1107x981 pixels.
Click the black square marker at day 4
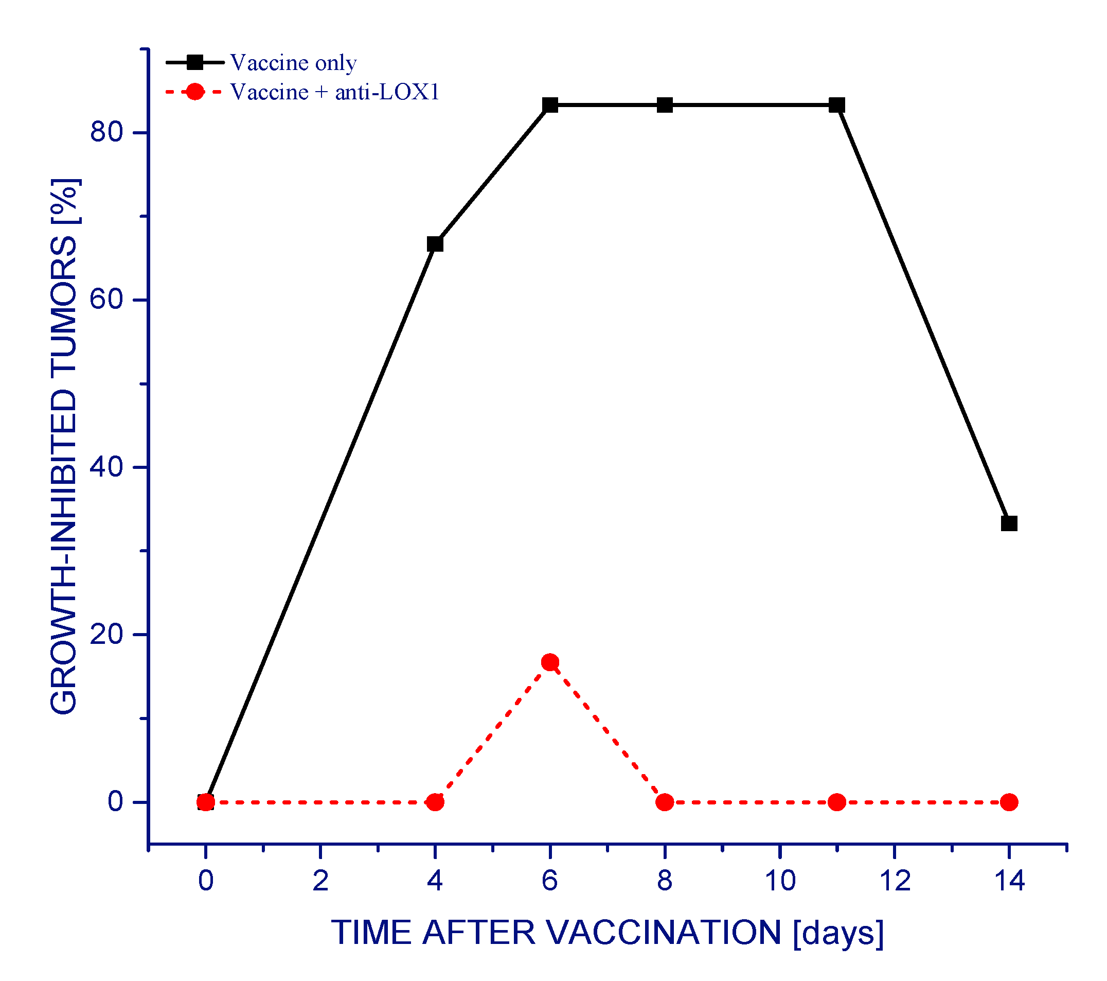pyautogui.click(x=435, y=244)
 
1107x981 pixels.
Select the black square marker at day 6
pyautogui.click(x=550, y=105)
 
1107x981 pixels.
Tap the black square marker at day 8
pyautogui.click(x=665, y=105)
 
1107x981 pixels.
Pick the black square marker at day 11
pyautogui.click(x=837, y=105)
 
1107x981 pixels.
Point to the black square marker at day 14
pyautogui.click(x=1009, y=523)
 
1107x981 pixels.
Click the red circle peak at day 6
pyautogui.click(x=550, y=662)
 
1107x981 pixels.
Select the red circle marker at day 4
pyautogui.click(x=435, y=802)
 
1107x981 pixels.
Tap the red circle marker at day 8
pyautogui.click(x=665, y=802)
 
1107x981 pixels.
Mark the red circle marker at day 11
pyautogui.click(x=837, y=802)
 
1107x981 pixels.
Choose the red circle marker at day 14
pyautogui.click(x=1009, y=802)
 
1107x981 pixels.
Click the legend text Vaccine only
pyautogui.click(x=293, y=63)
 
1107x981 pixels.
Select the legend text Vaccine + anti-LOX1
pyautogui.click(x=334, y=92)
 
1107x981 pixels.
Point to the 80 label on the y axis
pyautogui.click(x=106, y=132)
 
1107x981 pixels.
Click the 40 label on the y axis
pyautogui.click(x=106, y=467)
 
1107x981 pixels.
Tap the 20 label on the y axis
pyautogui.click(x=106, y=634)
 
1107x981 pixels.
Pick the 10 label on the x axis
pyautogui.click(x=779, y=881)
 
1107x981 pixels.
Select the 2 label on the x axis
pyautogui.click(x=320, y=881)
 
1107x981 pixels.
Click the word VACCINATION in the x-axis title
pyautogui.click(x=663, y=933)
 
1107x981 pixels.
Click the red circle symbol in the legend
pyautogui.click(x=194, y=92)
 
